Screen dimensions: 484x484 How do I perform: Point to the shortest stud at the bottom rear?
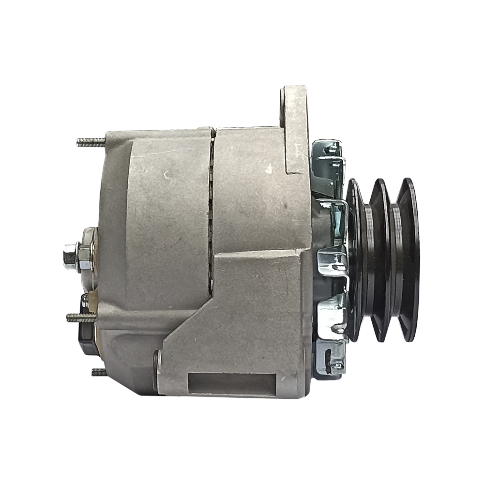[x=98, y=372]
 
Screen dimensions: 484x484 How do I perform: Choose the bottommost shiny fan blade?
[x=330, y=360]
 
